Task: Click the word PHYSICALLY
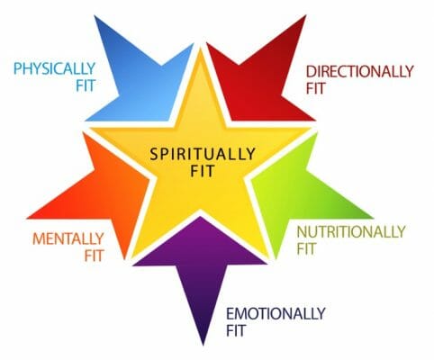[54, 68]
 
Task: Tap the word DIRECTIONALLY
[359, 71]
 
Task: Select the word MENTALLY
[68, 239]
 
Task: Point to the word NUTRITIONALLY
[351, 231]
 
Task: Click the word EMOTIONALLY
[276, 314]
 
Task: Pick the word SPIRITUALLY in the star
[203, 154]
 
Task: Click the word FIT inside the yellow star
[203, 171]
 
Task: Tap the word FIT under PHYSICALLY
[86, 85]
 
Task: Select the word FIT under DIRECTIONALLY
[315, 88]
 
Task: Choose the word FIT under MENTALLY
[94, 256]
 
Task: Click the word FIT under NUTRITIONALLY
[306, 248]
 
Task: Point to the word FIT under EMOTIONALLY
[236, 330]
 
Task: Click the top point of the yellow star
[201, 50]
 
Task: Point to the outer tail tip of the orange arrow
[27, 218]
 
